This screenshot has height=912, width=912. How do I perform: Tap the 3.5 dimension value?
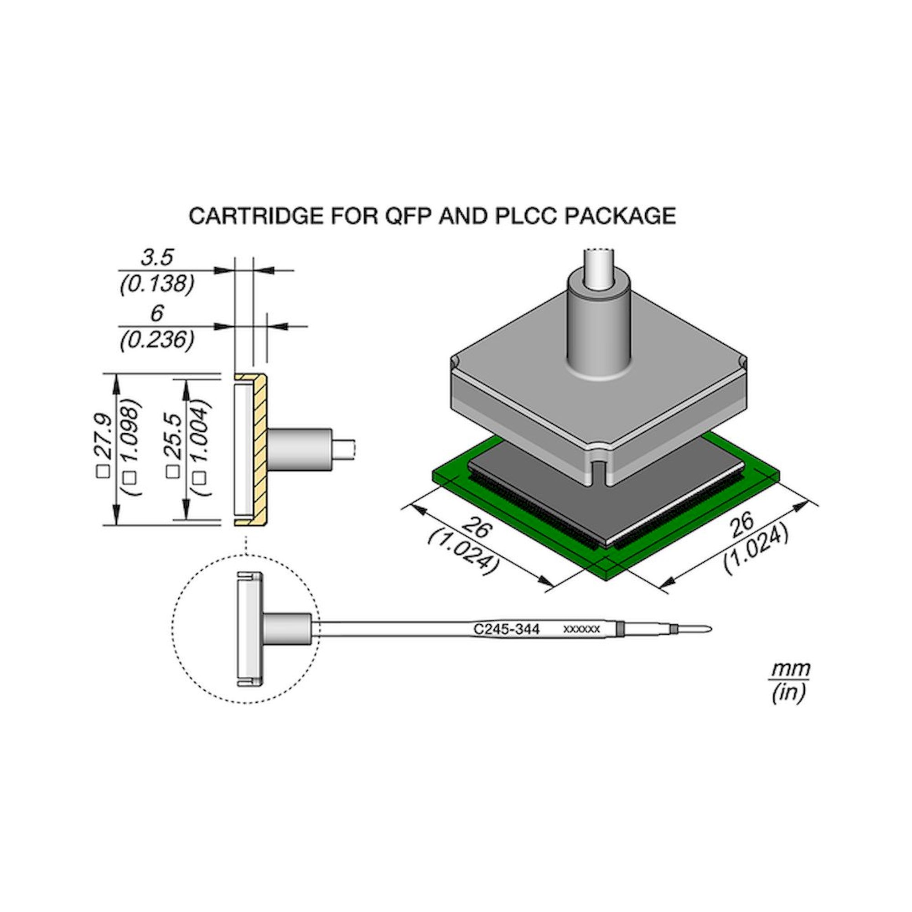click(157, 258)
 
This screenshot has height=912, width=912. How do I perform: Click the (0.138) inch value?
click(157, 285)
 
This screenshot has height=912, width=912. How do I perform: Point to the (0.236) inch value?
click(157, 340)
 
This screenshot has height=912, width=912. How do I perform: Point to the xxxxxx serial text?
click(581, 629)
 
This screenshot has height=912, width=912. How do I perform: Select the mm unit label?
click(790, 669)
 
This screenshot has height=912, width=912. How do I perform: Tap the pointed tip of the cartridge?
click(705, 629)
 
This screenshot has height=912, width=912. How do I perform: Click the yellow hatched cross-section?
click(259, 448)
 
